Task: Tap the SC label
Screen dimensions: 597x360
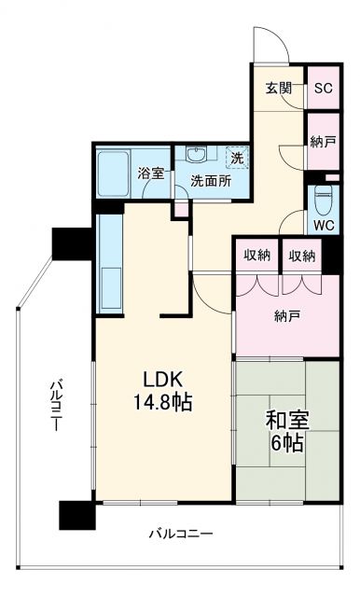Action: coord(323,89)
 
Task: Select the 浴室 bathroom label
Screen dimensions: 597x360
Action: coord(151,174)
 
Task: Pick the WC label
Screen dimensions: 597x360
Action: coord(324,225)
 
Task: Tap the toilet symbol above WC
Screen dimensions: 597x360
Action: coord(324,200)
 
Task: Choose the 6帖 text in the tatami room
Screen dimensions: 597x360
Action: coord(286,444)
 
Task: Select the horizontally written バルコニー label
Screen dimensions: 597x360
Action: coord(181,535)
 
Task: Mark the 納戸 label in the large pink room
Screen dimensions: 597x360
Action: coord(285,315)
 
